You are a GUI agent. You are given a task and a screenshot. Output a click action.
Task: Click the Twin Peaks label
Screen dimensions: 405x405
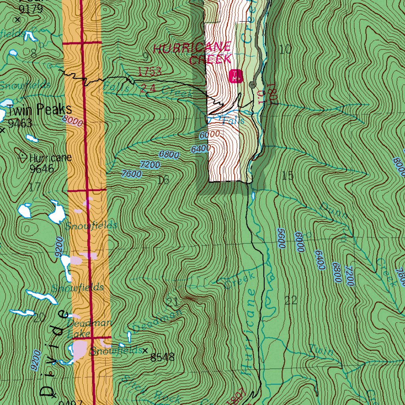click(x=39, y=110)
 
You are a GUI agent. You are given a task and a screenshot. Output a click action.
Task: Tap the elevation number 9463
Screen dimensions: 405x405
click(x=20, y=123)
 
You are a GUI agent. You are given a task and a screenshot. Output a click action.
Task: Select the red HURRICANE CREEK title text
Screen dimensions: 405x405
click(x=193, y=54)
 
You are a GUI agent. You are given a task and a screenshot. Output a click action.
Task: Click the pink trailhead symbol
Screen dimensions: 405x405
click(x=235, y=76)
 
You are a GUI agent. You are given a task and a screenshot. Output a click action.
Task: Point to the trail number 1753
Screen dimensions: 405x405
click(x=150, y=72)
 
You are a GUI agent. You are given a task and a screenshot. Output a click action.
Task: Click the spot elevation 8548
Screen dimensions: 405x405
click(x=162, y=358)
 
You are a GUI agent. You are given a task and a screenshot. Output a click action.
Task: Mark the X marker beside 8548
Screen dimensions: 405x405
click(x=145, y=350)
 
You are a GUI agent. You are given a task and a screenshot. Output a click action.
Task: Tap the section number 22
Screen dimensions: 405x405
click(x=291, y=300)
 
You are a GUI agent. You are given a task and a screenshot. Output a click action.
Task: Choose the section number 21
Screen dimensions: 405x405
click(x=172, y=303)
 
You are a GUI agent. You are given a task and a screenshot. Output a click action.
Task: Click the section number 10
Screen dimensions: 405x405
click(x=285, y=49)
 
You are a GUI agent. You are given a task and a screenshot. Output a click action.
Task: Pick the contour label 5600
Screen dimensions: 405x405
click(x=282, y=238)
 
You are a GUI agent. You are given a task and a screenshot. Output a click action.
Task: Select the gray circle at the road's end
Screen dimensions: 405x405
click(x=252, y=85)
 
